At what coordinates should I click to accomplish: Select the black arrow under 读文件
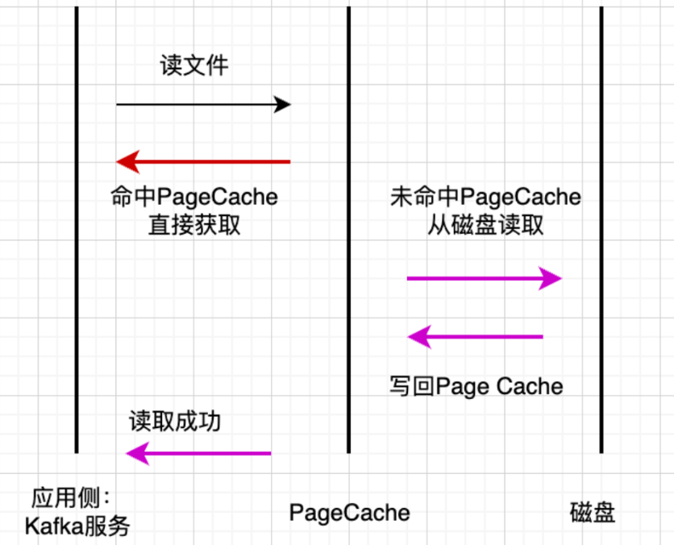click(x=202, y=104)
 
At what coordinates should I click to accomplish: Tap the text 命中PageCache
click(x=194, y=197)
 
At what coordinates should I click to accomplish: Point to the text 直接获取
click(x=194, y=225)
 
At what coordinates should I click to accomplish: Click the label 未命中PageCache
click(x=485, y=197)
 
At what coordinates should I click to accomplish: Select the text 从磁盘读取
click(x=485, y=225)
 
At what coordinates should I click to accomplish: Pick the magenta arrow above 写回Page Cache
click(x=476, y=337)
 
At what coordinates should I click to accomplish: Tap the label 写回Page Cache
click(x=476, y=386)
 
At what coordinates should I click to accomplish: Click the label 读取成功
click(x=175, y=422)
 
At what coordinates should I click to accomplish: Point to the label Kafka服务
click(x=77, y=526)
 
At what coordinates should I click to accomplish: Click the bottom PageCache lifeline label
click(x=349, y=513)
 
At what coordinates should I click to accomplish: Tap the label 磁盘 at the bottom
click(x=593, y=513)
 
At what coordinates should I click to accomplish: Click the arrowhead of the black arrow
click(x=282, y=104)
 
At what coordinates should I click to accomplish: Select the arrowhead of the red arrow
click(x=126, y=162)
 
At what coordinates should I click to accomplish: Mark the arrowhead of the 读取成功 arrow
click(x=135, y=453)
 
